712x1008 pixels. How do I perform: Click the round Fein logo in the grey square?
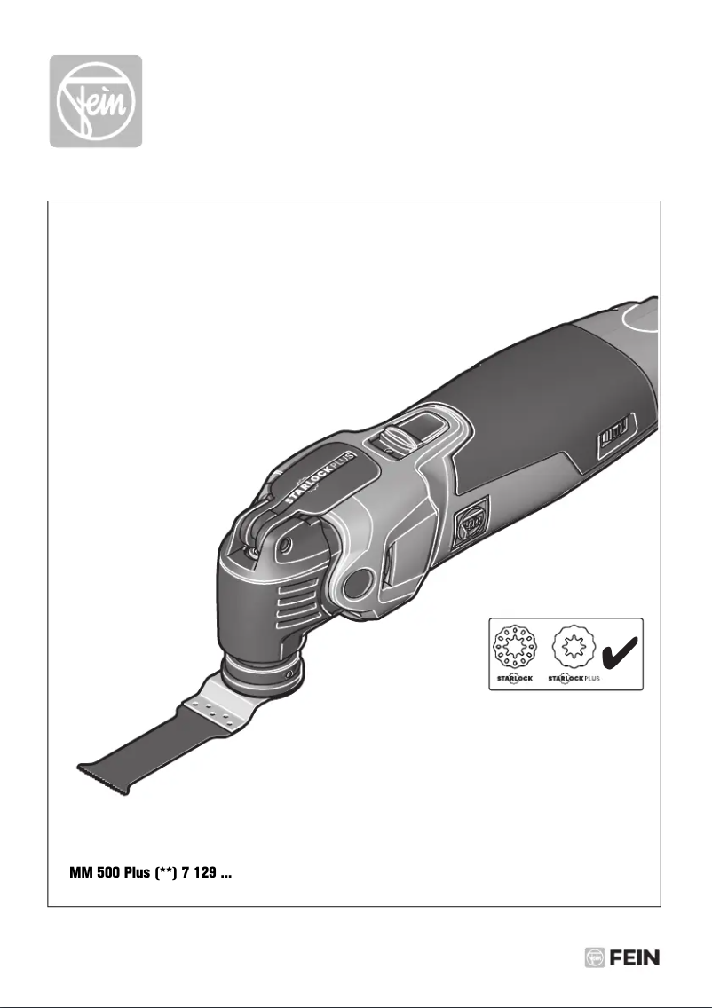point(95,100)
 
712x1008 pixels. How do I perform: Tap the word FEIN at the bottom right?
point(635,958)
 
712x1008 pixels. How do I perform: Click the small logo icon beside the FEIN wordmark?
point(595,958)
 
